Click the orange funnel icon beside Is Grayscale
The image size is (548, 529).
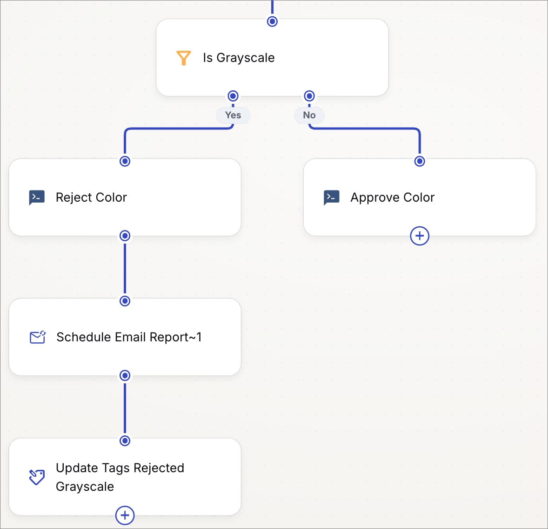[183, 58]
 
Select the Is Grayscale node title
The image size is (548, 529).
[239, 58]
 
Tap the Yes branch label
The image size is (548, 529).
[233, 115]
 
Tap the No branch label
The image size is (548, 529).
[309, 115]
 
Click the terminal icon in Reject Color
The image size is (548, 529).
[37, 197]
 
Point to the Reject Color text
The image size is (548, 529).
[91, 197]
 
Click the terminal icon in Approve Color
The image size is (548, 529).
[331, 197]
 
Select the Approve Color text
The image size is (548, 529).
[393, 197]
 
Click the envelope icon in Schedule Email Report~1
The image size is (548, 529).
[37, 337]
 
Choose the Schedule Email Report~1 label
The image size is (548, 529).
[129, 337]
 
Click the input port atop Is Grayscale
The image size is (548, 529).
[272, 21]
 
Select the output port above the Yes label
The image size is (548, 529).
[233, 96]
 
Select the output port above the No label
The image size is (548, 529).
[309, 96]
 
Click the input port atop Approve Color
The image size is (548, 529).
[420, 161]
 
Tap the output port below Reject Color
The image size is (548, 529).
[125, 236]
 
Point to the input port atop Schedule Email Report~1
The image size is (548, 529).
[125, 301]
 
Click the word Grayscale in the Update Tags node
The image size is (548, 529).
[85, 487]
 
